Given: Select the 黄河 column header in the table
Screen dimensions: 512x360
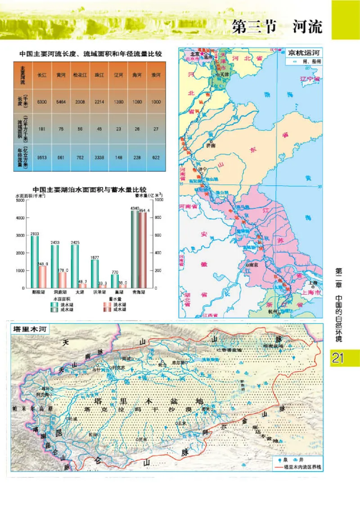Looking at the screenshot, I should click(61, 76).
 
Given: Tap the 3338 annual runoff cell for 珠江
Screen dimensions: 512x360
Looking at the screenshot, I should click(99, 157).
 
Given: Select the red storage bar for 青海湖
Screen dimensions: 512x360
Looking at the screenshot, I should click(143, 250).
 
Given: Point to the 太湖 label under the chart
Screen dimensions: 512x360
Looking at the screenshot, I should click(79, 292).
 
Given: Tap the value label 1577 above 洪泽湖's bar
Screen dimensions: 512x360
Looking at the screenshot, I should click(95, 257).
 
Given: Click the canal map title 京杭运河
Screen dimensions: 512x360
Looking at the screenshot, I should click(305, 52).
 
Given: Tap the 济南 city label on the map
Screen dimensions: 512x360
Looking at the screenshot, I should click(211, 145).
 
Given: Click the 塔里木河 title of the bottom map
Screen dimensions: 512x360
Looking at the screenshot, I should click(31, 329).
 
